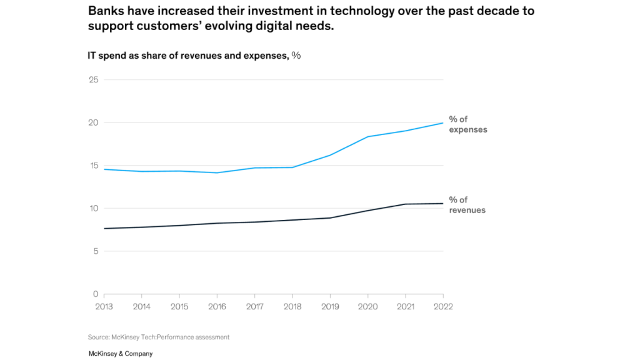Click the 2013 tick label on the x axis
[x=104, y=307]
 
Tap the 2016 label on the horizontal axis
[x=217, y=307]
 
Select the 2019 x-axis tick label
[x=330, y=307]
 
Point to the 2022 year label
[x=442, y=307]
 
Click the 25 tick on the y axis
[x=94, y=80]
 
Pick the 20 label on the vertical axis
[x=94, y=122]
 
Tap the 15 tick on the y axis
[x=94, y=166]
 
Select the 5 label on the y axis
[x=96, y=251]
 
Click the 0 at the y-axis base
[x=96, y=294]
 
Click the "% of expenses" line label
[x=467, y=124]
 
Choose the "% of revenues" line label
[x=467, y=205]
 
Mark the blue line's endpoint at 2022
[x=443, y=123]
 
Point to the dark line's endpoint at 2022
[x=443, y=203]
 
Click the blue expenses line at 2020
[x=367, y=136]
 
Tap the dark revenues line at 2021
[x=406, y=204]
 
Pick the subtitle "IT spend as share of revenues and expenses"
[x=188, y=56]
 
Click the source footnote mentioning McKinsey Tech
[x=159, y=337]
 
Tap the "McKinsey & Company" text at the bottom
[x=121, y=354]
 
